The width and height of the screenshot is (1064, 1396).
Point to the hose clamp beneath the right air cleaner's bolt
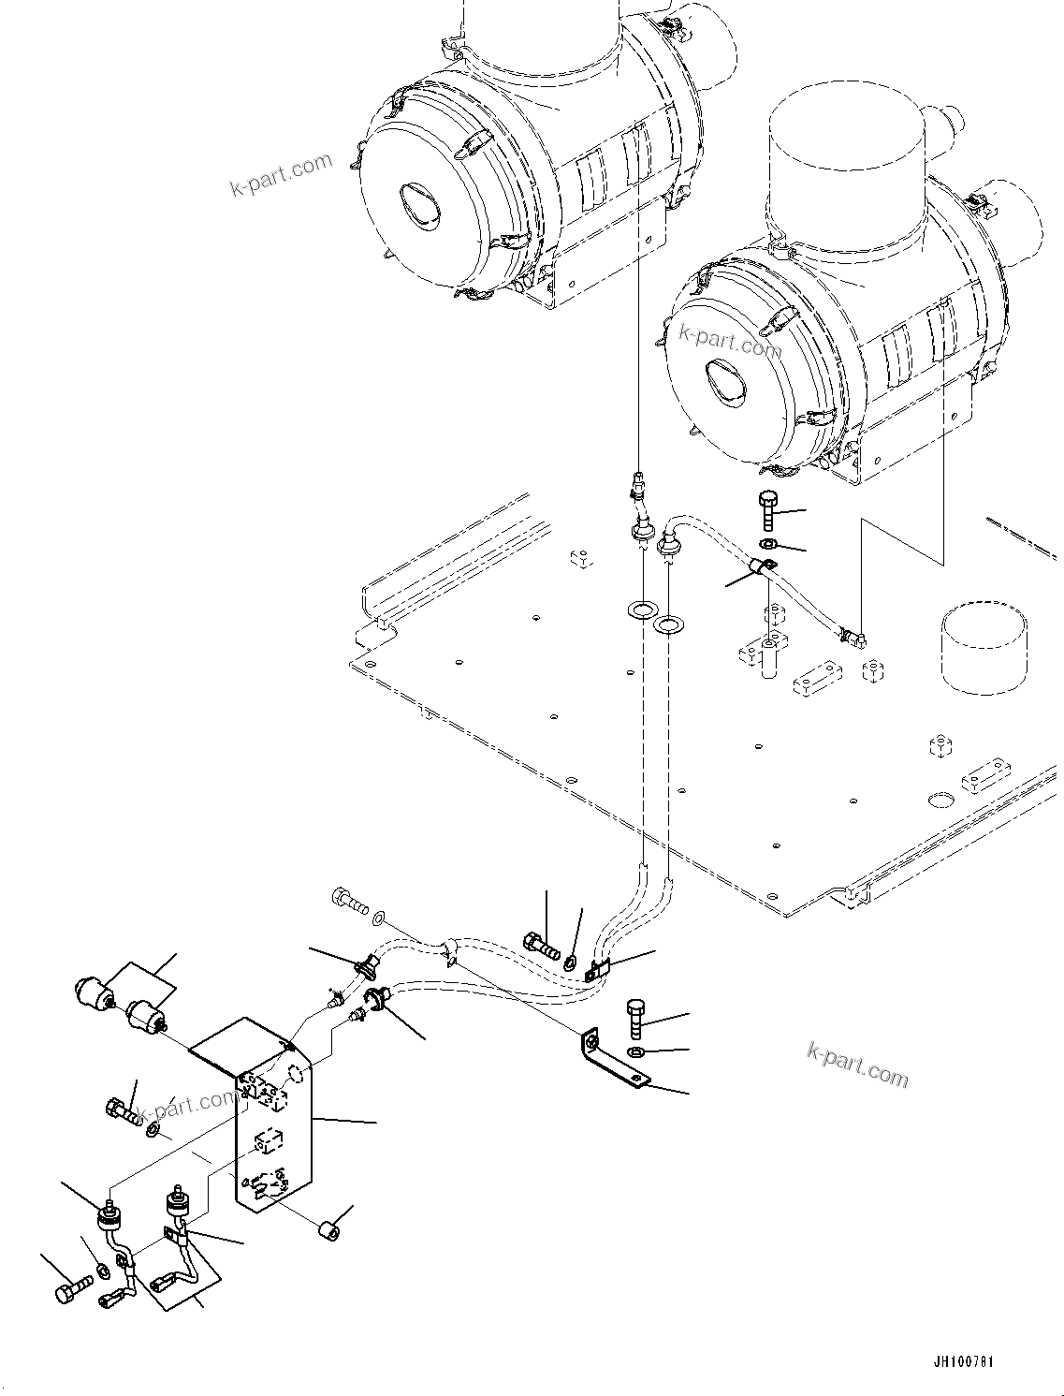tap(762, 566)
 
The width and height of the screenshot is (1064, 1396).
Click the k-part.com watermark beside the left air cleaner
tap(281, 175)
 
